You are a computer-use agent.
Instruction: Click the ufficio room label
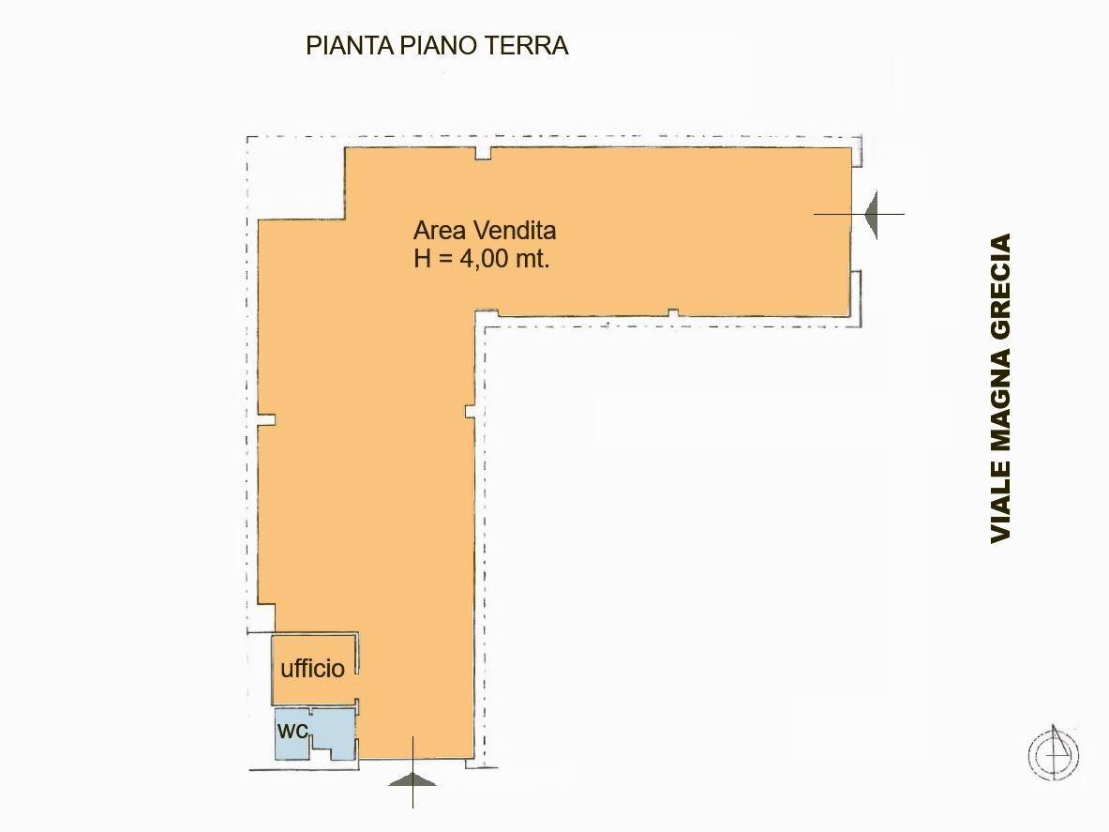point(312,669)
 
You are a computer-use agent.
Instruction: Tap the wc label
point(292,730)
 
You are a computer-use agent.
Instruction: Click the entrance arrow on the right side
point(872,214)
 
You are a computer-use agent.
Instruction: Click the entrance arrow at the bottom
point(412,778)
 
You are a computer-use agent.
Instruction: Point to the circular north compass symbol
point(1054,753)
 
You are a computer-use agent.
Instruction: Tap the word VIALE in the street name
point(1001,506)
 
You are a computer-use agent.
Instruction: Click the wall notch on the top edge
point(484,153)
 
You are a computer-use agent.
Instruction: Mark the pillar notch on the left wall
point(267,419)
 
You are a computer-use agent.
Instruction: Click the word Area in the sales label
point(437,231)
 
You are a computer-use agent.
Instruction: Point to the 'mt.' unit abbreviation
point(531,260)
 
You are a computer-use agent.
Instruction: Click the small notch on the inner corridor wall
point(470,411)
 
